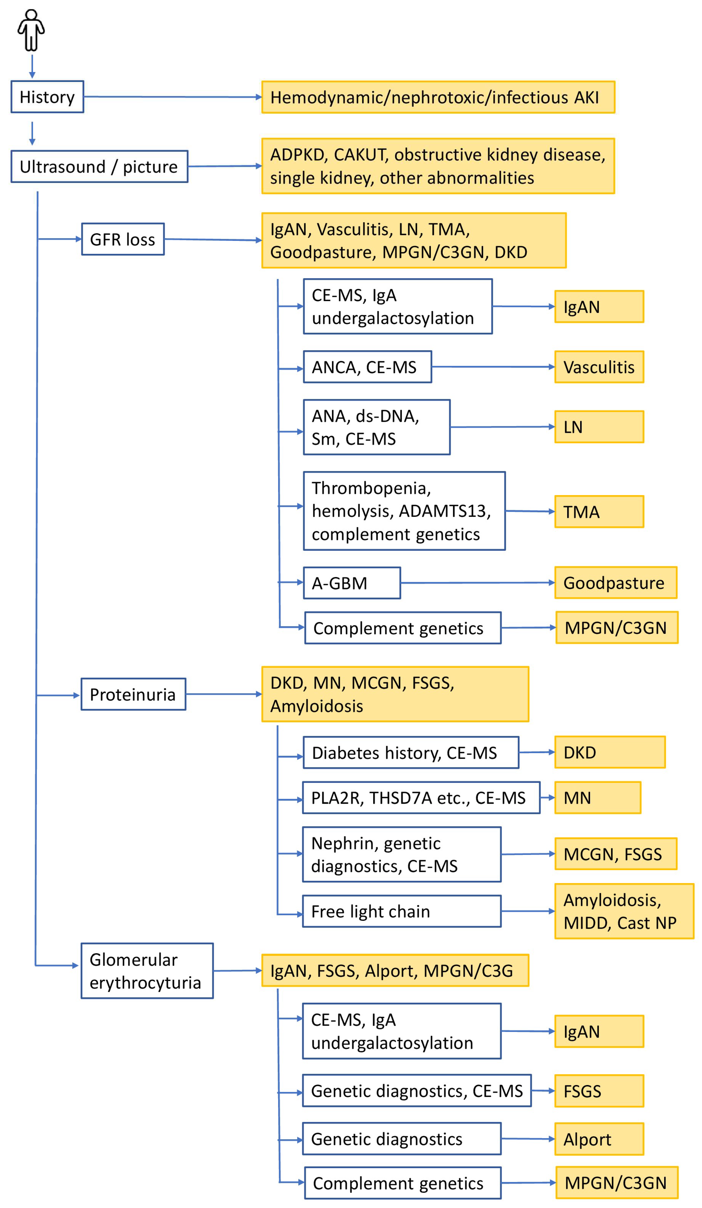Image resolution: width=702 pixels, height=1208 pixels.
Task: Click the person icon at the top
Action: coord(31,30)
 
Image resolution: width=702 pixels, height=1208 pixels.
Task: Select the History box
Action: coord(47,97)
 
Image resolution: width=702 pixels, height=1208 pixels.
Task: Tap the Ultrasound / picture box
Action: coord(99,166)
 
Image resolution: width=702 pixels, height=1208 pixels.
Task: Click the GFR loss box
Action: coord(123,239)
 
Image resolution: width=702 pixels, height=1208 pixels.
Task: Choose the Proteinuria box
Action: coord(133,694)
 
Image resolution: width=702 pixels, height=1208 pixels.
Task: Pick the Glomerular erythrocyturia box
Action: coord(147,971)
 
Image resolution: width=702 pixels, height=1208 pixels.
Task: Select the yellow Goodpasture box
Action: coord(616,582)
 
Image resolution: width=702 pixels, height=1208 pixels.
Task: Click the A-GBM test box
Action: coord(352,583)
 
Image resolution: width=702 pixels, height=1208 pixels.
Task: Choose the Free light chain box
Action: coord(402,911)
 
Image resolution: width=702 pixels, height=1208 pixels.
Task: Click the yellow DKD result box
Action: coord(610,752)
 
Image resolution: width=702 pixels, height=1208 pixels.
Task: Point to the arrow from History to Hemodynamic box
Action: coord(173,97)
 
